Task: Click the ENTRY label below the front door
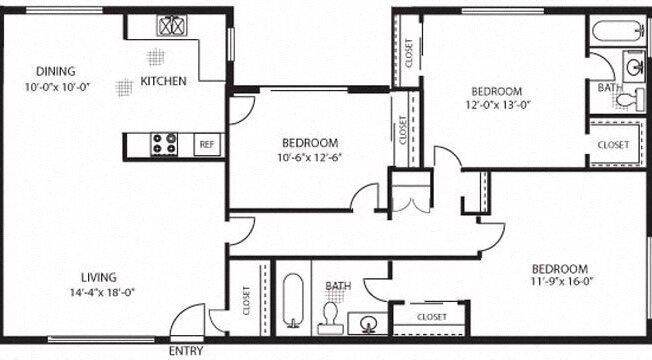click(x=185, y=351)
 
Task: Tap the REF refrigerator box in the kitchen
click(x=207, y=145)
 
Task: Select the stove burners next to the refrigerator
click(x=164, y=145)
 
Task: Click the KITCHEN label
click(x=163, y=81)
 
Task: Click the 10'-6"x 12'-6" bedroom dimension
click(x=309, y=157)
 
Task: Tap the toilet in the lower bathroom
click(x=331, y=319)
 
